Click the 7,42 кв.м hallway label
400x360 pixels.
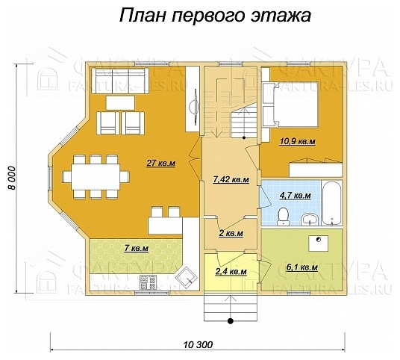(x=230, y=180)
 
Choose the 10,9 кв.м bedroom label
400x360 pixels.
(x=297, y=140)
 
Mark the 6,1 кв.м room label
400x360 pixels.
(x=302, y=267)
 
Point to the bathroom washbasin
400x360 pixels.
(x=309, y=219)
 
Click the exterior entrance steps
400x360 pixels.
(x=230, y=305)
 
